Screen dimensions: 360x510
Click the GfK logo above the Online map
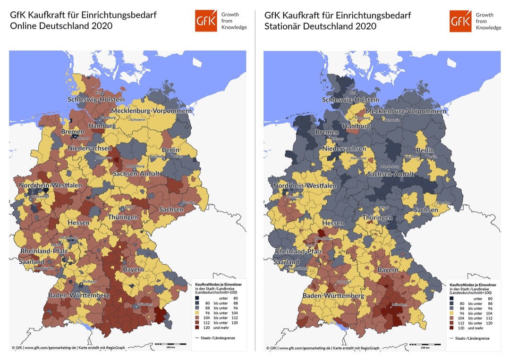click(206, 21)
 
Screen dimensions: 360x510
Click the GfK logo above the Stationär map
click(460, 21)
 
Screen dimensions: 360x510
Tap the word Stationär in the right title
click(282, 26)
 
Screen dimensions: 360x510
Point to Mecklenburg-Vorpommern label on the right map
click(406, 111)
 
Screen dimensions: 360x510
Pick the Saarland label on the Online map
click(32, 261)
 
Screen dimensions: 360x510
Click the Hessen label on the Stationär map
click(333, 223)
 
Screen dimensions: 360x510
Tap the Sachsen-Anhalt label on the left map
click(136, 174)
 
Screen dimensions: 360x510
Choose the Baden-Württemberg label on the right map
click(333, 296)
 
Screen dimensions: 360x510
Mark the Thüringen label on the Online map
click(123, 217)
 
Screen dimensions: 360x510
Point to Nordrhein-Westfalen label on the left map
click(50, 185)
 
